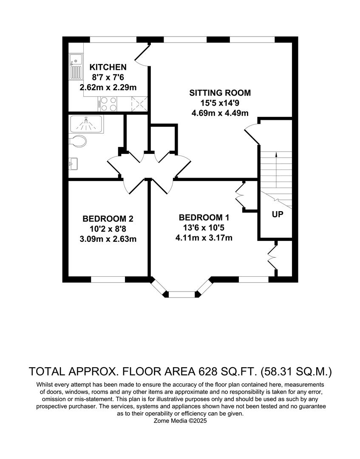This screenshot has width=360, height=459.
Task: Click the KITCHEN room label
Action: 108,67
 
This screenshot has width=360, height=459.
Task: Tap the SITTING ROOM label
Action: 220,93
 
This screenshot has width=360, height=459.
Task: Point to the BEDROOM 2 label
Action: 108,219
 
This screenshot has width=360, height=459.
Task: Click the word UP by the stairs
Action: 277,215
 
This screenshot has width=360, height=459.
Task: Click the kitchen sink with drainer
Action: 76,67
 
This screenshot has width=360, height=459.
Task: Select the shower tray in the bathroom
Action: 86,124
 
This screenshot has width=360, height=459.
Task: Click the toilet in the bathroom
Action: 78,141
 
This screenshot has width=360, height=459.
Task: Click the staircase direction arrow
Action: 276,170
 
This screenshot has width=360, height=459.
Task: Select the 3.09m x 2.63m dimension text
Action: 108,239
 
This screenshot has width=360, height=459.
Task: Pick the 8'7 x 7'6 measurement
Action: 108,77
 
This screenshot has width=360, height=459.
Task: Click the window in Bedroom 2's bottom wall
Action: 108,279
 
